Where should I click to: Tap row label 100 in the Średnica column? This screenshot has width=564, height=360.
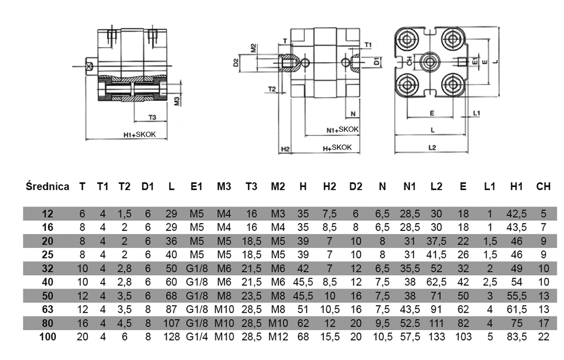48,337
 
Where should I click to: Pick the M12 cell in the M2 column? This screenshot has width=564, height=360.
278,337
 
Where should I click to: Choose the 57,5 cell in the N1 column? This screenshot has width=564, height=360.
409,337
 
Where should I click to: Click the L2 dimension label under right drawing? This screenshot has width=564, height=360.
432,148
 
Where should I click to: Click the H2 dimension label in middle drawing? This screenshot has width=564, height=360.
285,149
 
